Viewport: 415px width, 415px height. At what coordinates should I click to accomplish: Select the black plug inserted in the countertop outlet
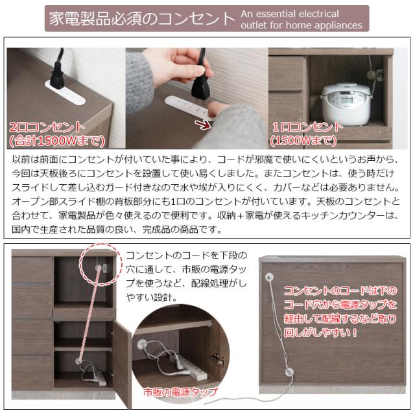click(x=58, y=75)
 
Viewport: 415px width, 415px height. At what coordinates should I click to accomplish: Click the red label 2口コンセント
click(x=47, y=127)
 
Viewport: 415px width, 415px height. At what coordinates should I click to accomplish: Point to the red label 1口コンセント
click(x=307, y=127)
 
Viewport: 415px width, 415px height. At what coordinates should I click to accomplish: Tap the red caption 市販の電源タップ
click(x=180, y=392)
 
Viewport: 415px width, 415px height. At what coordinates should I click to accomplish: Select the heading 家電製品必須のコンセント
click(x=141, y=19)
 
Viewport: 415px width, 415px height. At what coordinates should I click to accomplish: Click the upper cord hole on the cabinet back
click(x=269, y=277)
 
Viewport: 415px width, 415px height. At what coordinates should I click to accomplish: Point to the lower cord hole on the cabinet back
click(x=289, y=372)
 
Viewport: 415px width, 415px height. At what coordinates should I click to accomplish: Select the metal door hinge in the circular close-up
click(x=219, y=359)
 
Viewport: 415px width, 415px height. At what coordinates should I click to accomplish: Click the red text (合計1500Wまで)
click(x=57, y=141)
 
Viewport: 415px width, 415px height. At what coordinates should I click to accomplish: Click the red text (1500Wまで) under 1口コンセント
click(x=303, y=141)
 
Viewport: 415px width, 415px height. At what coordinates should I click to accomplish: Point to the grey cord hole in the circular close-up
click(x=142, y=344)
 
